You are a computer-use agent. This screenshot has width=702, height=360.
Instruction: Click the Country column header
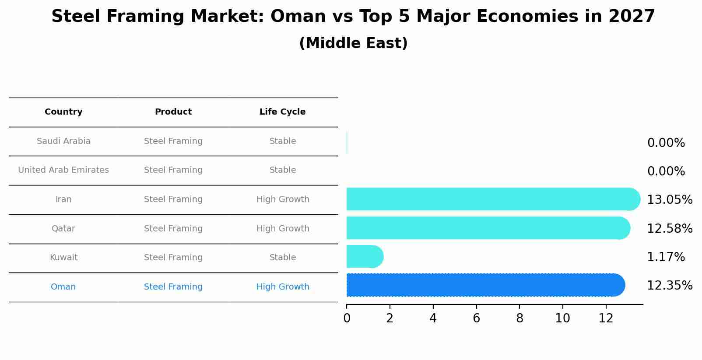(x=63, y=112)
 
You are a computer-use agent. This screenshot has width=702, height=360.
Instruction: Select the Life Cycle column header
(x=282, y=112)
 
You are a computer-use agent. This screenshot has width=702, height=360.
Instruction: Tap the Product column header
(x=173, y=112)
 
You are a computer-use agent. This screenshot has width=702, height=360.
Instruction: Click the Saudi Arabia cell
(x=63, y=141)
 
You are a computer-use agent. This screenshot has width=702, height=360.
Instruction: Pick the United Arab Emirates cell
(x=63, y=170)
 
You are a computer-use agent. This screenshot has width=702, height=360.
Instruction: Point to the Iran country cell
(x=63, y=199)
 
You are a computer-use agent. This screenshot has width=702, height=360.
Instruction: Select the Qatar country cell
(x=63, y=229)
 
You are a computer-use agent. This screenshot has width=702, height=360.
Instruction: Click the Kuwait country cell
(x=63, y=258)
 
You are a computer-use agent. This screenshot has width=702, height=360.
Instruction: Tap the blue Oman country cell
(x=63, y=287)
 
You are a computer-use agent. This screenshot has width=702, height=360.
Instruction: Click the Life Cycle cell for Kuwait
(x=282, y=258)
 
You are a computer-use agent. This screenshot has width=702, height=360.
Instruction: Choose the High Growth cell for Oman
(x=282, y=287)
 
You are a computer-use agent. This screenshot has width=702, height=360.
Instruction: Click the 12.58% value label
(x=669, y=229)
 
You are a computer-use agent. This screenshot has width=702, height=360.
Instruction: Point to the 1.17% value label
(x=666, y=257)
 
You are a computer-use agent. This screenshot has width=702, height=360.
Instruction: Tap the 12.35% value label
(x=669, y=286)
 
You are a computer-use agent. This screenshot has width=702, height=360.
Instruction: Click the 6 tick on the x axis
(x=476, y=318)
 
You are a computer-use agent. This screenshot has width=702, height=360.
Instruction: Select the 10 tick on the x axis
(x=562, y=318)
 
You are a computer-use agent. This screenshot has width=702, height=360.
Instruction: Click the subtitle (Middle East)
(x=353, y=43)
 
